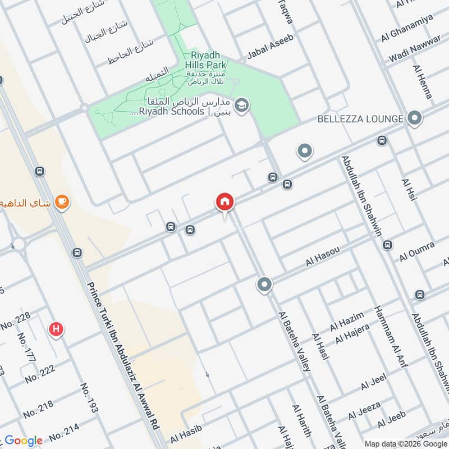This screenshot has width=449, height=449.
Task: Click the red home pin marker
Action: click(x=225, y=202)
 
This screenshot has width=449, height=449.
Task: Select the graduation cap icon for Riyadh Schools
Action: click(x=242, y=105)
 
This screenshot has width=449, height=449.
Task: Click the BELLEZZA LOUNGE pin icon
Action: click(x=415, y=118)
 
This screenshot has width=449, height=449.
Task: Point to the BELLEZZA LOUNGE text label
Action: click(x=360, y=119)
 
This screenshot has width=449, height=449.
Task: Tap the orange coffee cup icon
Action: click(x=62, y=202)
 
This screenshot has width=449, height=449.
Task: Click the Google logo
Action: click(x=24, y=441)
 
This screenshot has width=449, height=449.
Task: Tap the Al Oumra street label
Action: click(x=417, y=252)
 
